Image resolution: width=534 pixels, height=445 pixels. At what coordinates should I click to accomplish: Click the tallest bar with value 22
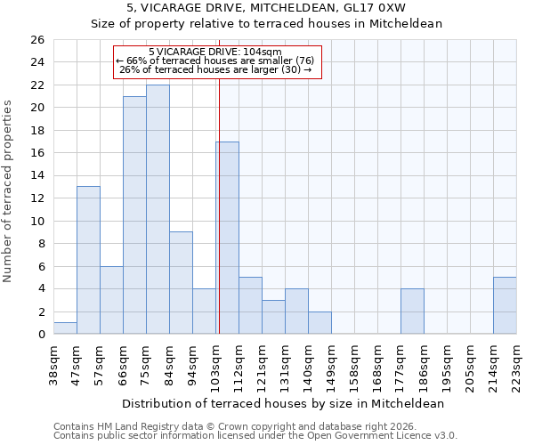pos(158,209)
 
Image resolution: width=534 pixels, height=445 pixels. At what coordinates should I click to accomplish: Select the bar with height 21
pos(134,215)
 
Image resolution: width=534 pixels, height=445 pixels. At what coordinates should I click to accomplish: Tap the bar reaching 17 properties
pos(227,238)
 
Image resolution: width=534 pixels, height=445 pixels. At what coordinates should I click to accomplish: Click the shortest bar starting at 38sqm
pos(65,328)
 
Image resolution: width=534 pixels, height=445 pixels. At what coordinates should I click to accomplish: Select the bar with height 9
pos(181,283)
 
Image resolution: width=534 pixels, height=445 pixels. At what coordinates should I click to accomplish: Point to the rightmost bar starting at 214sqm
pos(505,305)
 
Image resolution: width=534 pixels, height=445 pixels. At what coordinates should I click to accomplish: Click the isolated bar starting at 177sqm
pos(412,311)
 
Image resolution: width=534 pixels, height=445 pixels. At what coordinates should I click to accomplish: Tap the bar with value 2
pos(320,322)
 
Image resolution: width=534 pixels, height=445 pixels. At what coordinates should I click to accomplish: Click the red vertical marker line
pos(219,205)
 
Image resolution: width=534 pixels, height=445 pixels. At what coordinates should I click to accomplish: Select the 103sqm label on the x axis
pos(215,363)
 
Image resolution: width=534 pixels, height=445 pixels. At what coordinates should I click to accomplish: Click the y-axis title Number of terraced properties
pos(8,191)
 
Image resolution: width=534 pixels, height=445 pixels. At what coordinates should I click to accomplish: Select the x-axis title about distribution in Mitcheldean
pos(283,403)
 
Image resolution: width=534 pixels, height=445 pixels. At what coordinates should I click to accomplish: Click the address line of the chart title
pos(267,8)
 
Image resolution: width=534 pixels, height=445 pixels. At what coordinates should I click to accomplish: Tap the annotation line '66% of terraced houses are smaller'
pos(214,61)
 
